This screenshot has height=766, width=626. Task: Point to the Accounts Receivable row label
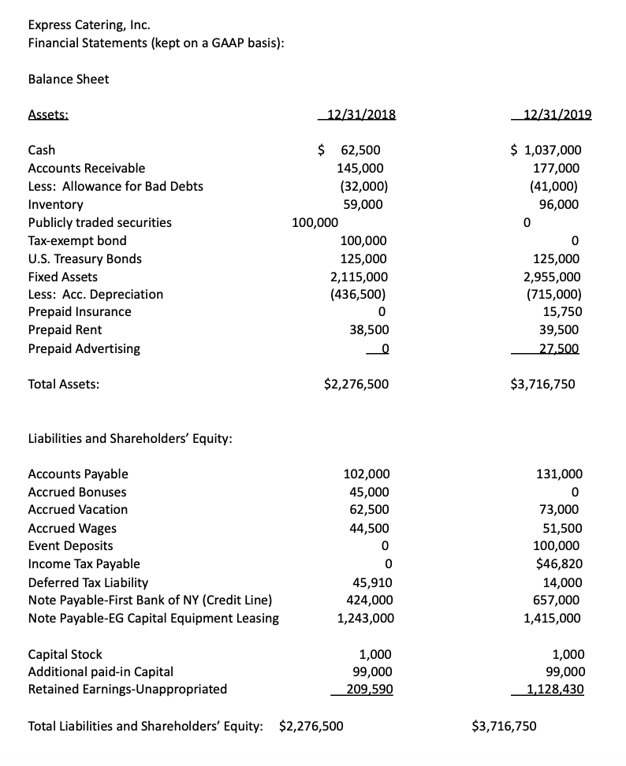tap(87, 168)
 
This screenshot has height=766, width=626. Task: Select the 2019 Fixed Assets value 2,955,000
tap(552, 277)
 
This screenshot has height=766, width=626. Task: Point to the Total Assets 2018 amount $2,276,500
tap(356, 385)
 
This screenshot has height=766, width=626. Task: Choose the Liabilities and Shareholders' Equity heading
tap(130, 438)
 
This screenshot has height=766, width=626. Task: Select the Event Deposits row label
tap(70, 545)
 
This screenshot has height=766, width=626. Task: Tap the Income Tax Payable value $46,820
tap(559, 563)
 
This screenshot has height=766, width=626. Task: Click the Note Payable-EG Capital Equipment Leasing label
tap(153, 618)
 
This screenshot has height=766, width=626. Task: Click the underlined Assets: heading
tap(48, 113)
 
